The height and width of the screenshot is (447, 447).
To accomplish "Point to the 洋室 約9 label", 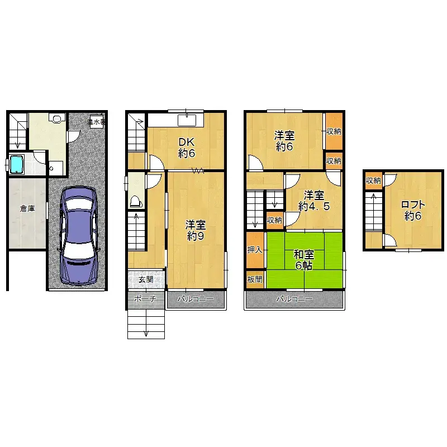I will tap(196, 230).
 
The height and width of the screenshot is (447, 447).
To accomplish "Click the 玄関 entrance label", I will tap(146, 279).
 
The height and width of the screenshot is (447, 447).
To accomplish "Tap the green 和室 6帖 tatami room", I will tap(304, 260).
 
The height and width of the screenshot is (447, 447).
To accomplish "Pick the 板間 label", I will tap(255, 279).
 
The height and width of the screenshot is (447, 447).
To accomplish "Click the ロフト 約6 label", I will tap(413, 210).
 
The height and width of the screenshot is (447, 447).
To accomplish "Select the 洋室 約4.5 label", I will tap(313, 201).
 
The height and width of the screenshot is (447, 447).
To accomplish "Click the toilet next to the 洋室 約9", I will tap(135, 201).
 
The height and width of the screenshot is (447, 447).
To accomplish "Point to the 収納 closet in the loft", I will tap(373, 180).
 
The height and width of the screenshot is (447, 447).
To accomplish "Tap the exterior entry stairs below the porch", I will tap(146, 324).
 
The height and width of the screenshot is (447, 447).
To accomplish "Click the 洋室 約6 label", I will tap(284, 141).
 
